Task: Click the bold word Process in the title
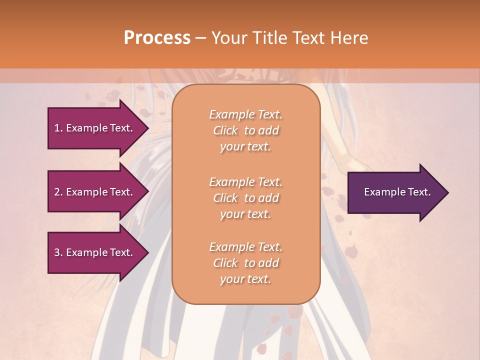[157, 38]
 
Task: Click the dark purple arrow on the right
[395, 192]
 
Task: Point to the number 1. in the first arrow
[58, 128]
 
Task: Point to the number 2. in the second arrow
[58, 192]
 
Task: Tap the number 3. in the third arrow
[58, 252]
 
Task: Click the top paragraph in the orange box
[245, 130]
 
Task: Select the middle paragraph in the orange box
[245, 198]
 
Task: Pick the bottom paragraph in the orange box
[245, 263]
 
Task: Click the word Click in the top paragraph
[226, 130]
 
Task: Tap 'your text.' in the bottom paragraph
[245, 279]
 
